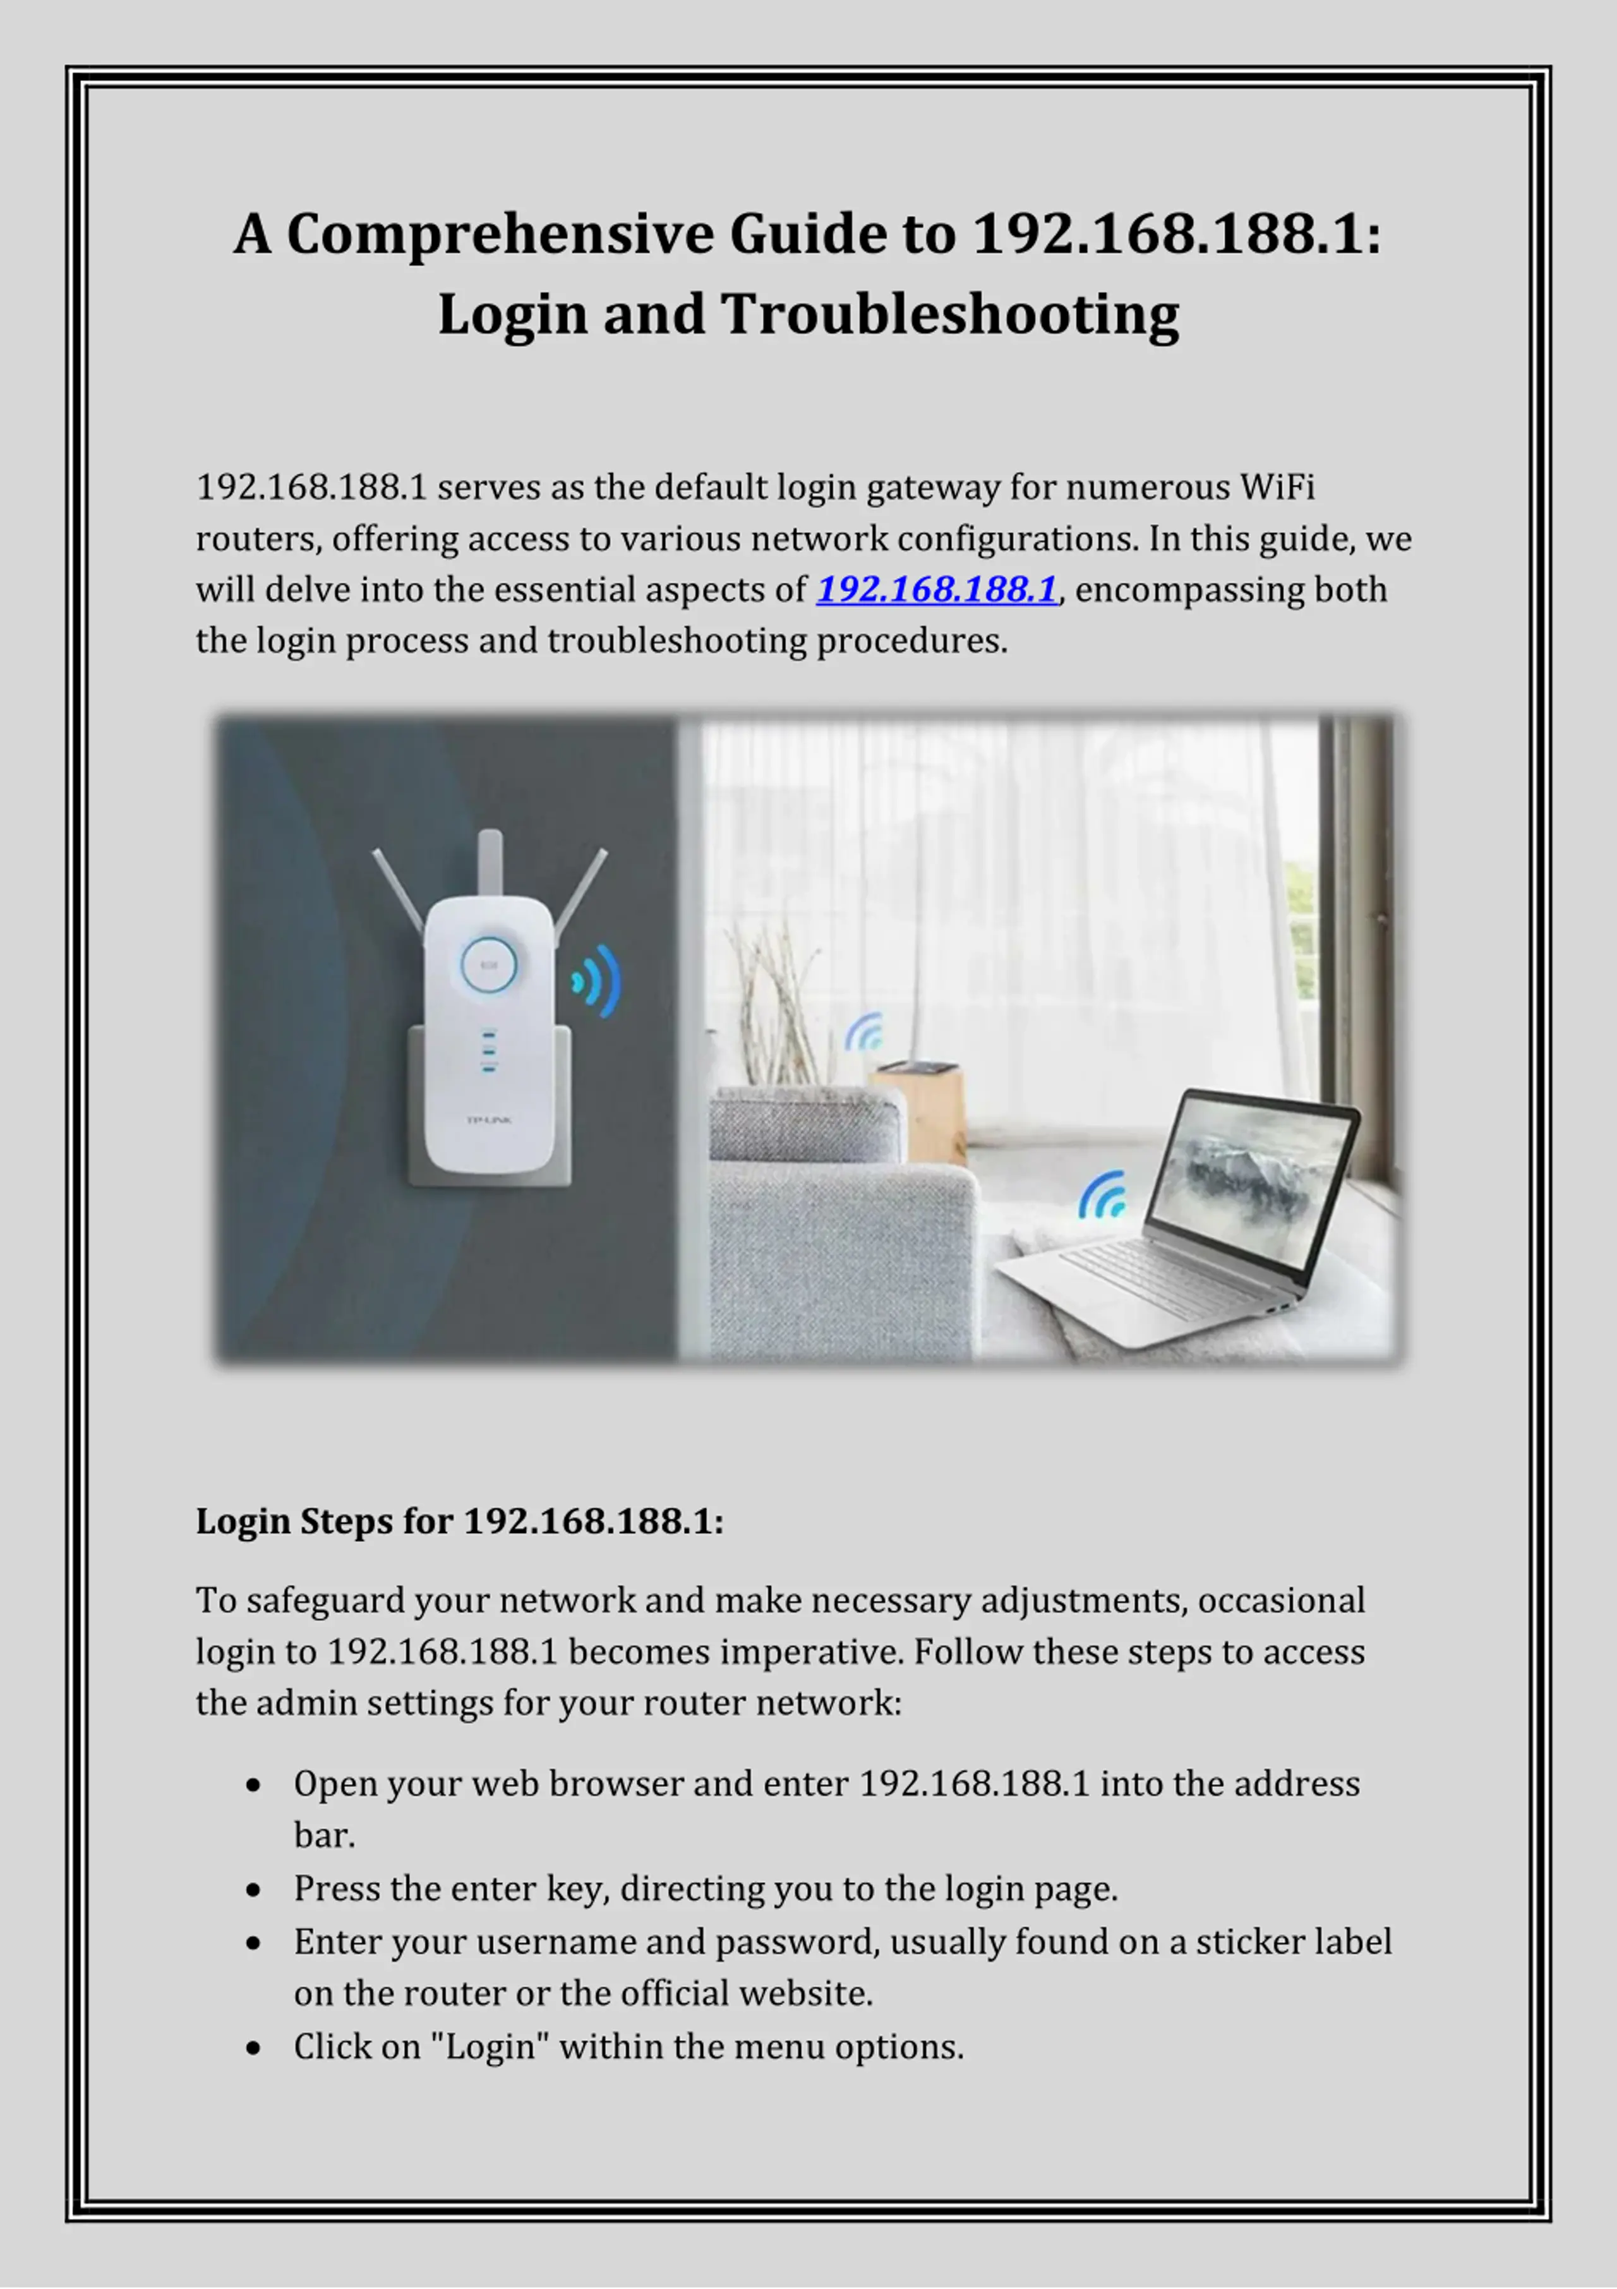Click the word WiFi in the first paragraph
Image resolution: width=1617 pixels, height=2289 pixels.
(1277, 488)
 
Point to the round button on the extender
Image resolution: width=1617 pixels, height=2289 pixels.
(488, 964)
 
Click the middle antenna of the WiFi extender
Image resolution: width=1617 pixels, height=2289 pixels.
(490, 862)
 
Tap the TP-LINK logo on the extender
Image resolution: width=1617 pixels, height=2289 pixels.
(488, 1120)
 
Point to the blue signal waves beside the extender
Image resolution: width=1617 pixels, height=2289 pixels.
(598, 982)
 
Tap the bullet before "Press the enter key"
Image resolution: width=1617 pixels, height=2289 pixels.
(253, 1889)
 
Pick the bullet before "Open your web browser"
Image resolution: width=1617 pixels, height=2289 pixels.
(253, 1784)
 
